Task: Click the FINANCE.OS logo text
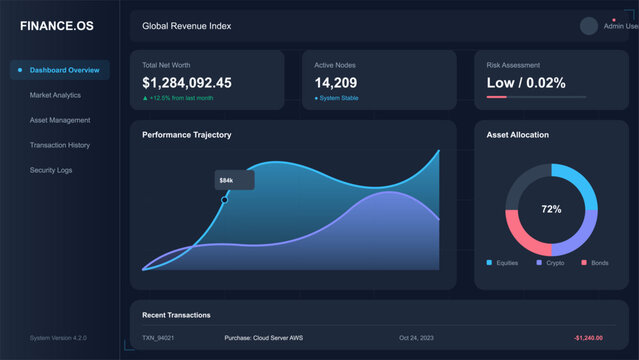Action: pos(56,26)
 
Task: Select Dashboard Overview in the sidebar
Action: pos(64,70)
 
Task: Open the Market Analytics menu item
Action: pos(55,95)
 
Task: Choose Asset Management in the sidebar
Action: pos(60,120)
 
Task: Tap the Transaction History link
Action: pos(60,145)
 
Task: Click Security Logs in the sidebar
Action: pos(51,170)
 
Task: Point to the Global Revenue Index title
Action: pos(186,26)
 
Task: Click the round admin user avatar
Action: pos(588,26)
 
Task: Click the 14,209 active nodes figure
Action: pos(335,83)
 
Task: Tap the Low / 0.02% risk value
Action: pos(525,83)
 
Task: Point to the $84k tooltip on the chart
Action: pos(227,180)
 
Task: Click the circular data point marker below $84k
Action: pos(224,200)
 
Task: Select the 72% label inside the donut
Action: pos(551,210)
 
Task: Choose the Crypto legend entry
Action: pos(551,262)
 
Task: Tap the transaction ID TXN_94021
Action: pos(158,338)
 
